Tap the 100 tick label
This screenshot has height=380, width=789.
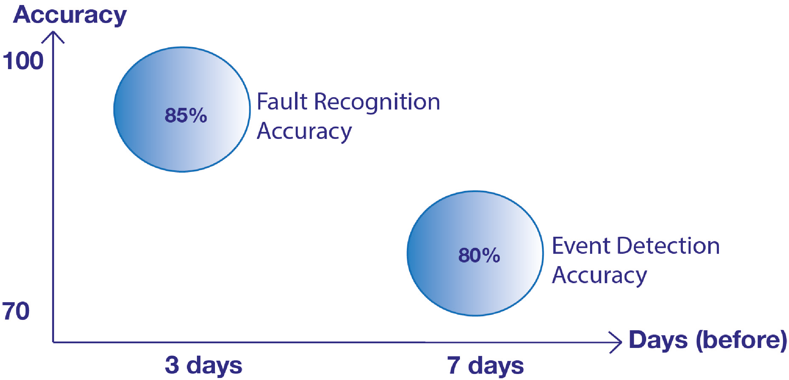coord(23,61)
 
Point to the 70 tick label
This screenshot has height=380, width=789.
coord(16,311)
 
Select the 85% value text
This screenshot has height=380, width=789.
coord(186,116)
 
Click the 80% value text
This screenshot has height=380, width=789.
coord(479,255)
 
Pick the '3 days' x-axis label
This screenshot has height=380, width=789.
coord(203,365)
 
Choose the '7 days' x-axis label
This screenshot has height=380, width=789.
coord(485,365)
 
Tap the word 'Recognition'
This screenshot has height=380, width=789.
coord(377,102)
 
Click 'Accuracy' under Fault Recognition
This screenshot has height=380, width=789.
coord(304,132)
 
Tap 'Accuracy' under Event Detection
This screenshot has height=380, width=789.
coord(599,276)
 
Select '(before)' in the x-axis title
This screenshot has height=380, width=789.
coord(741,340)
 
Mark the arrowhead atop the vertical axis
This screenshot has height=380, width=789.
coord(53,35)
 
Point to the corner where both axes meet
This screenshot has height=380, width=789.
coord(53,342)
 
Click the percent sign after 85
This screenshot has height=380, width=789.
coord(198,116)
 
